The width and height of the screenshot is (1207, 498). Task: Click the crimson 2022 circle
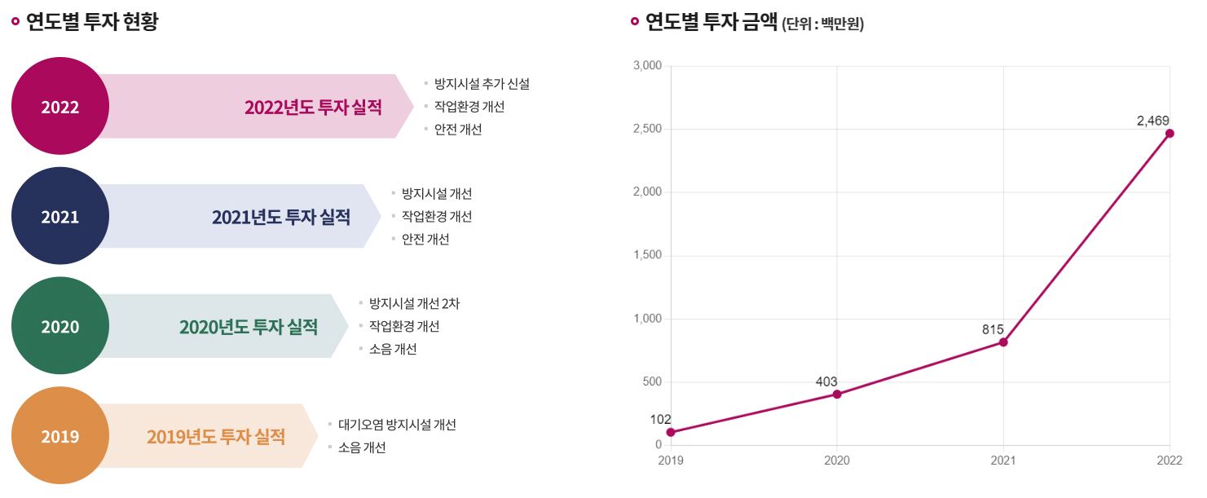coord(59,106)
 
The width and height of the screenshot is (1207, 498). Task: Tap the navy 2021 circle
coord(59,216)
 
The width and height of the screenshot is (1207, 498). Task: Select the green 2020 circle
coord(59,326)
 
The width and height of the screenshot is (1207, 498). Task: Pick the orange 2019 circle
coord(59,436)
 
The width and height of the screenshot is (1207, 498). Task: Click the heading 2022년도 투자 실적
coord(313,108)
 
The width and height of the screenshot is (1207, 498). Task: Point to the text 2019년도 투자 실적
coord(216,437)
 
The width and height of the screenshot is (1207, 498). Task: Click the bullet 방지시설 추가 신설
coord(482,84)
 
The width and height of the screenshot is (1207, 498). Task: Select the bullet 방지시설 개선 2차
coord(414,304)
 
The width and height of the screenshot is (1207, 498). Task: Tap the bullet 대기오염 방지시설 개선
coord(397,425)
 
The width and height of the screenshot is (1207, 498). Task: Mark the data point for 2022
coord(1170,134)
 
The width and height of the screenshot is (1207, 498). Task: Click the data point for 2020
coord(837,394)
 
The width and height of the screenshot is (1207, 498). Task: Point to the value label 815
coord(993,329)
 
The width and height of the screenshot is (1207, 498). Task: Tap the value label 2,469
coord(1153,121)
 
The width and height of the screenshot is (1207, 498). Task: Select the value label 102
coord(661,419)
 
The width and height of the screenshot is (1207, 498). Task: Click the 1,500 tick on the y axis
coord(647,256)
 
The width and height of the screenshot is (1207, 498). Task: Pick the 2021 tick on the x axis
coord(1003,461)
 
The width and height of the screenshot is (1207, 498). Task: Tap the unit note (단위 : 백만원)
coord(823,24)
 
